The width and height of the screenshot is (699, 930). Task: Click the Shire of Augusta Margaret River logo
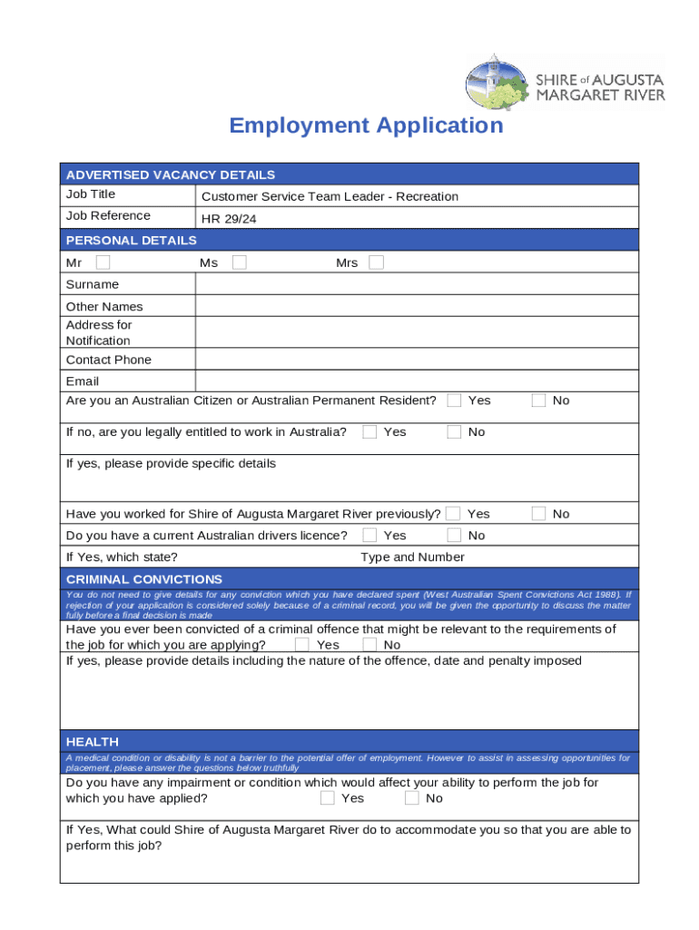[x=565, y=81]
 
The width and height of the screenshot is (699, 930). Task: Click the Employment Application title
[x=366, y=125]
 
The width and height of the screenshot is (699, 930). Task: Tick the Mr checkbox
[x=103, y=262]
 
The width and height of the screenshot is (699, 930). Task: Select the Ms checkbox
[x=240, y=262]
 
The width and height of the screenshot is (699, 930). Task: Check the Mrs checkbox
[x=376, y=262]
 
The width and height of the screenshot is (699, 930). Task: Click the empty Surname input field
[x=416, y=284]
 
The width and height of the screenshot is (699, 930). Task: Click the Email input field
[x=416, y=381]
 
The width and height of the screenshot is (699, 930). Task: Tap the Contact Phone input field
[x=416, y=360]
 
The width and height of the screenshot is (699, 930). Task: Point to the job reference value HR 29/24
[x=222, y=219]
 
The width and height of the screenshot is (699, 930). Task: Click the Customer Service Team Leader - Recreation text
[x=330, y=197]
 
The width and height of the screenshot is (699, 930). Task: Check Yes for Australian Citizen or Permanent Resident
[x=454, y=401]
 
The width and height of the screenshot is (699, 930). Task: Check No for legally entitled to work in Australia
[x=454, y=432]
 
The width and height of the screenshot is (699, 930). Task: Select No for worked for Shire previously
[x=539, y=514]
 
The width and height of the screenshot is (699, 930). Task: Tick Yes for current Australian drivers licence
[x=369, y=536]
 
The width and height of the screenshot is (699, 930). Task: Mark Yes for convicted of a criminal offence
[x=302, y=645]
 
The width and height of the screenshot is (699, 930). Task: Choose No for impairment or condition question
[x=412, y=798]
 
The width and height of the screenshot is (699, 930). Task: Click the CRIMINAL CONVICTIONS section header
[x=144, y=579]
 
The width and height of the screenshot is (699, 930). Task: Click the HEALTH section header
[x=93, y=742]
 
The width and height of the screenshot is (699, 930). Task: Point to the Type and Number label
[x=412, y=558]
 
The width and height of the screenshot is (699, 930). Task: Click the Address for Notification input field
[x=416, y=332]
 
